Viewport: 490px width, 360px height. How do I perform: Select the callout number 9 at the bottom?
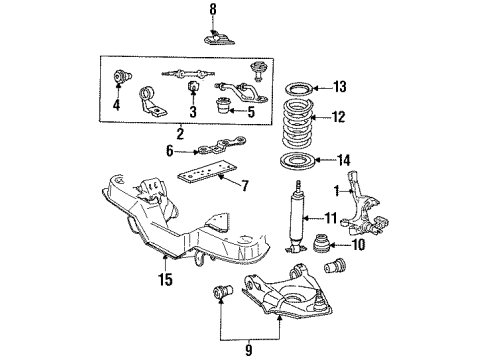click(x=222, y=351)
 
